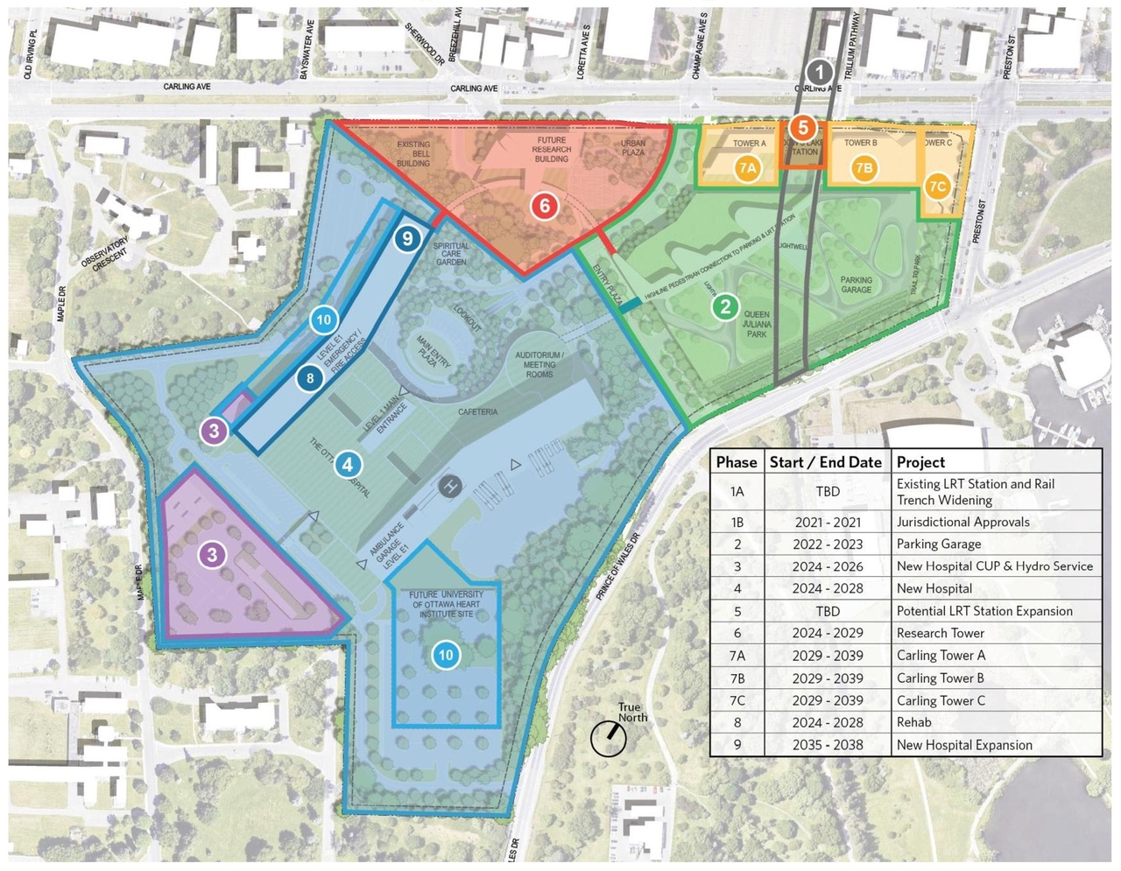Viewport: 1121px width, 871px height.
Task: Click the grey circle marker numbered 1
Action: [x=819, y=73]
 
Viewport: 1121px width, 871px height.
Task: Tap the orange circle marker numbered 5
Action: [x=802, y=128]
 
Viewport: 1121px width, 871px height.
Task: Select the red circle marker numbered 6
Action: [x=545, y=206]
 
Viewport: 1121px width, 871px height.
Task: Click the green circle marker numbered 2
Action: [x=725, y=306]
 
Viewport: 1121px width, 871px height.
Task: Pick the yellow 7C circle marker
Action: [x=937, y=186]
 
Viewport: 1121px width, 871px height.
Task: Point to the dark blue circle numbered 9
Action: [x=405, y=237]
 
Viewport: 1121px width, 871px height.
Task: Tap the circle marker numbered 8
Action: [x=310, y=378]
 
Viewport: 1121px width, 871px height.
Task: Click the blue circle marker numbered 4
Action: [x=348, y=465]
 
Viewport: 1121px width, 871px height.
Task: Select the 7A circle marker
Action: [x=747, y=168]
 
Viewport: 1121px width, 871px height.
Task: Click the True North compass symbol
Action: [x=610, y=738]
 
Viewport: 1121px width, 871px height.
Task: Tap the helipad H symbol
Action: [x=450, y=485]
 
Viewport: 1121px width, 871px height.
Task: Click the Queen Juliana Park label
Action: [x=757, y=324]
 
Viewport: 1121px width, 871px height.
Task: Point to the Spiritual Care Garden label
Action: [x=451, y=254]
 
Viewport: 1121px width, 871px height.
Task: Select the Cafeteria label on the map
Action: [x=477, y=411]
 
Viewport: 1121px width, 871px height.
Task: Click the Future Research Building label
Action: [x=552, y=150]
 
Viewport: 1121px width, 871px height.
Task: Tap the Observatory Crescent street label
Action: [x=104, y=253]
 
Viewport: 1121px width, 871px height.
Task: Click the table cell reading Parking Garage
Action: [x=938, y=544]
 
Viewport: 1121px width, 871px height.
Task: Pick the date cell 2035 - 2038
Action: [x=828, y=745]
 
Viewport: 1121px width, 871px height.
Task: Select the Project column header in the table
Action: [x=920, y=462]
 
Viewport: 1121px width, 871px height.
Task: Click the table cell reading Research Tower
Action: [x=940, y=633]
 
